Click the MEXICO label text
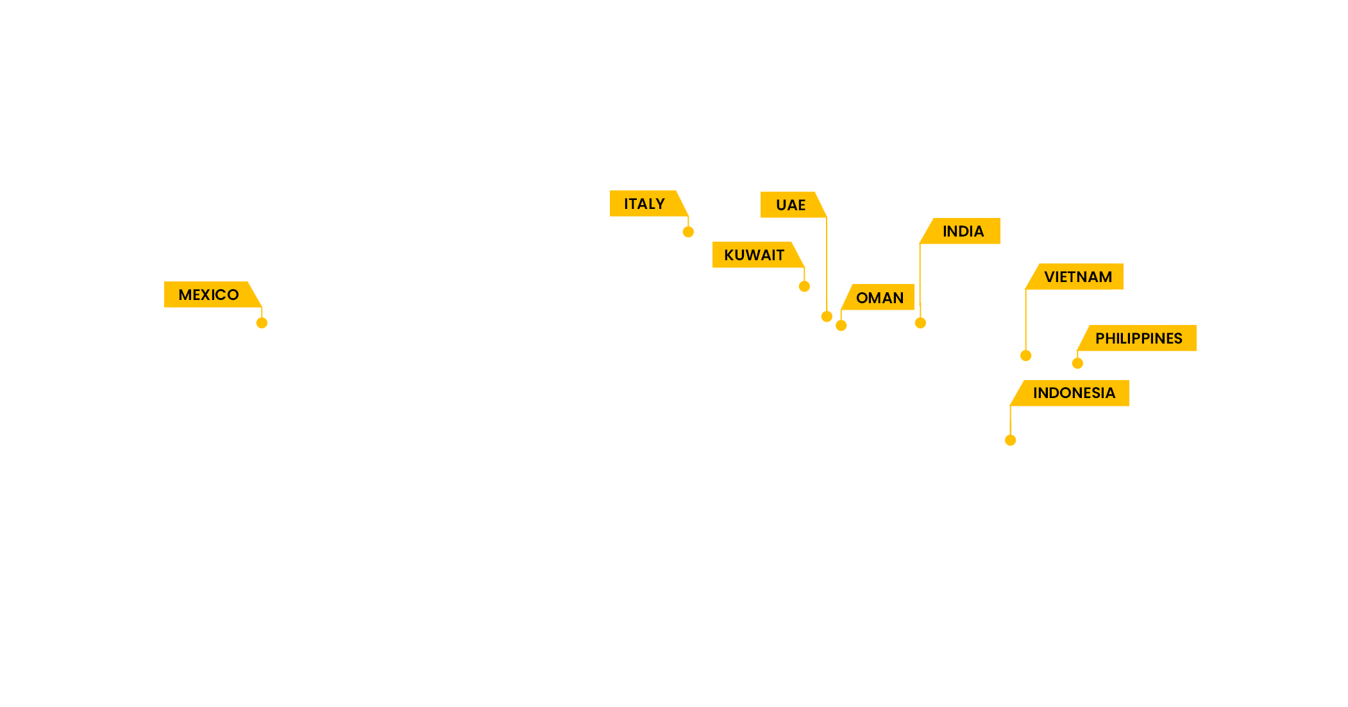[x=208, y=295]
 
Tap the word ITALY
[x=644, y=204]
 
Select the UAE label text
[x=790, y=205]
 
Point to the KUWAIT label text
[x=754, y=255]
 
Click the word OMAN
[x=879, y=298]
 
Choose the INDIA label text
[x=963, y=231]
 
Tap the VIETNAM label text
[x=1077, y=277]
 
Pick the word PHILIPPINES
[x=1138, y=338]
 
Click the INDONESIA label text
[x=1074, y=393]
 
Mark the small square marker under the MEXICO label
[x=262, y=319]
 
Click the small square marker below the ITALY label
[x=688, y=228]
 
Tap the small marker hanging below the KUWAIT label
[x=804, y=279]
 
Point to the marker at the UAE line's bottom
[x=827, y=313]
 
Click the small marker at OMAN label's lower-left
[x=841, y=322]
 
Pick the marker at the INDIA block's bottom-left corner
[x=920, y=316]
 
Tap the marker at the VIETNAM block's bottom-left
[x=1026, y=348]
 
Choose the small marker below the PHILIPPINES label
[x=1077, y=360]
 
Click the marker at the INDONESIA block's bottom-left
[x=1011, y=433]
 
